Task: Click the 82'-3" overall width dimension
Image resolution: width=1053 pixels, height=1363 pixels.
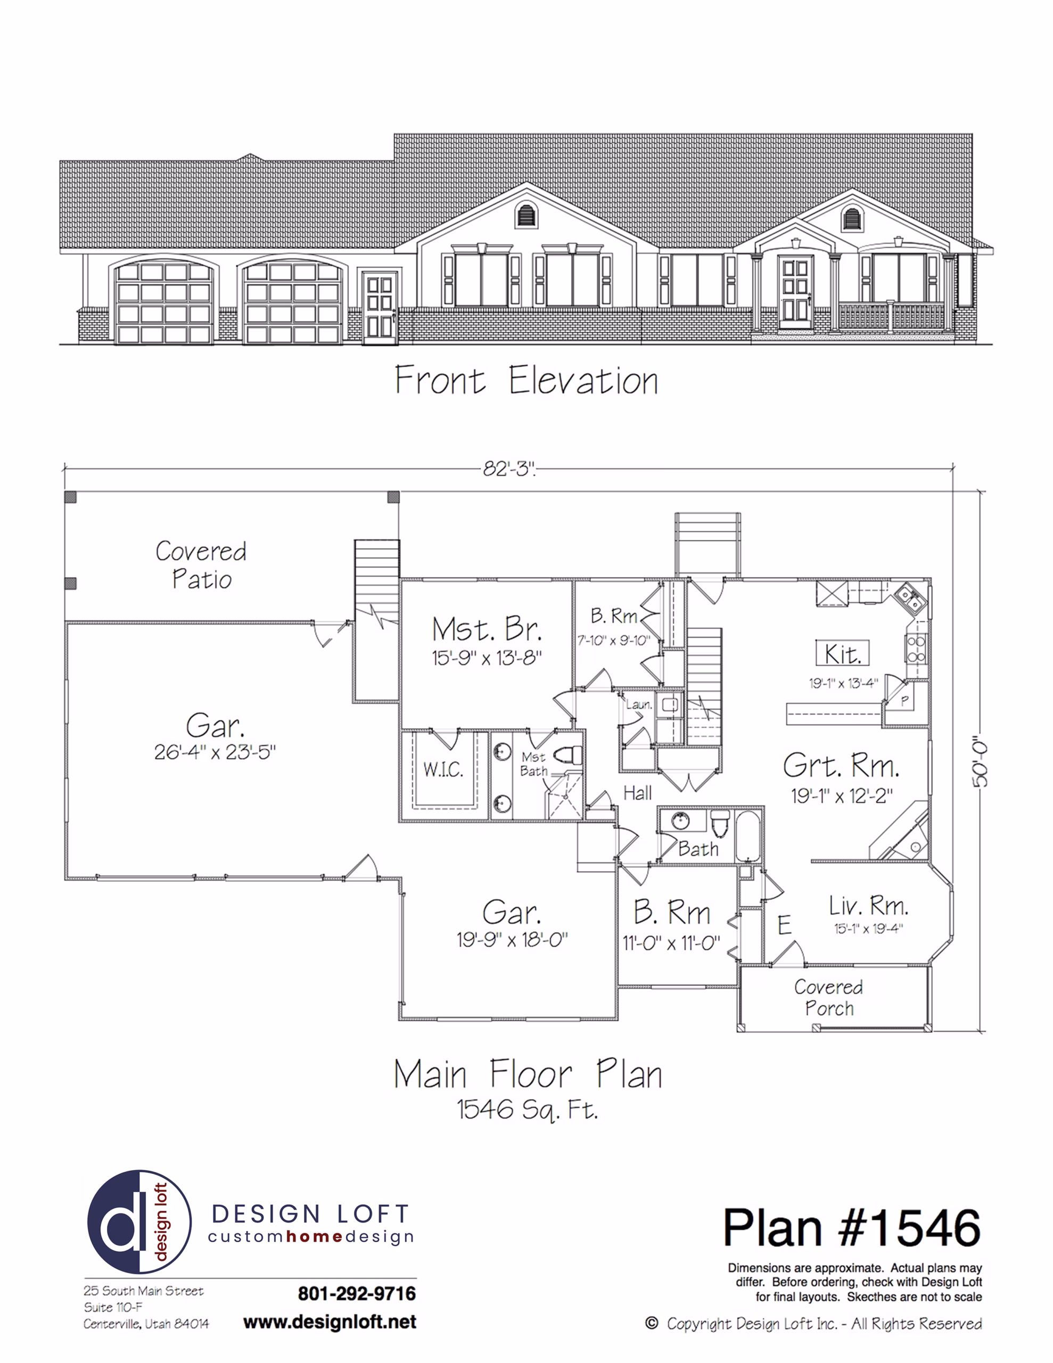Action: (x=509, y=469)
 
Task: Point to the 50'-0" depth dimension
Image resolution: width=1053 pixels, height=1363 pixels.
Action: (x=980, y=762)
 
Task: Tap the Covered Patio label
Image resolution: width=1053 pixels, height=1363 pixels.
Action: (x=201, y=565)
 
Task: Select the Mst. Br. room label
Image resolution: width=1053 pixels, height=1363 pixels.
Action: (x=487, y=629)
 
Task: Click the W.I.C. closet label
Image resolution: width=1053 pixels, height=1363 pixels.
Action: (x=443, y=769)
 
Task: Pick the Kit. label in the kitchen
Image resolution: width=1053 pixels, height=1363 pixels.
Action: (x=842, y=654)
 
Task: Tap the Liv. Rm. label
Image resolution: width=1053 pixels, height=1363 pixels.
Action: (x=868, y=906)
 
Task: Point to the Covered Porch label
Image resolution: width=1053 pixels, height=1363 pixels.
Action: (x=828, y=997)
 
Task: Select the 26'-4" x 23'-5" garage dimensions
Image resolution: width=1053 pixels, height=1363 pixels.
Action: (x=215, y=752)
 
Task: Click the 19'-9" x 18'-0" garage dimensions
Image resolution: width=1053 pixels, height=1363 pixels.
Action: (x=512, y=939)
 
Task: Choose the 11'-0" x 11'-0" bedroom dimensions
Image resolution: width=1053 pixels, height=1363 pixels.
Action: (x=671, y=943)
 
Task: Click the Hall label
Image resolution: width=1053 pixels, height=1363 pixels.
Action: (x=637, y=793)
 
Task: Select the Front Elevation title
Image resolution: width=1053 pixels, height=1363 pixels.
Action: (x=526, y=380)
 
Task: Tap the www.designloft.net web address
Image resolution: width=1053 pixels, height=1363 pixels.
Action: (x=330, y=1322)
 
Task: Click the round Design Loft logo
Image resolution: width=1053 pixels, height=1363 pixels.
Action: (x=139, y=1221)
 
